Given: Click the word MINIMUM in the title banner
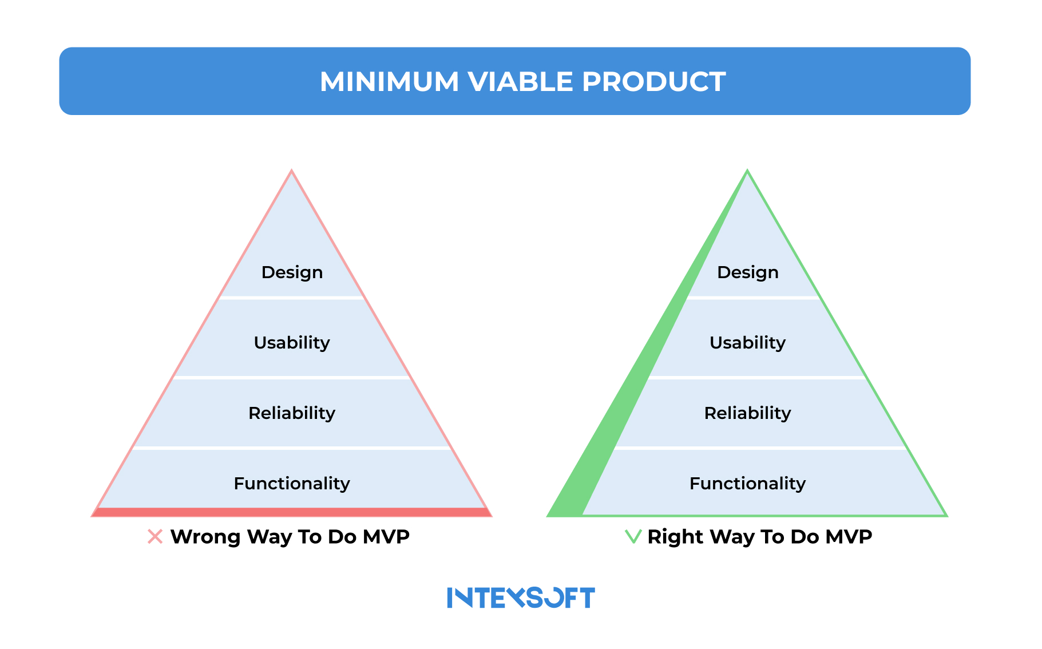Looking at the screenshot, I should pos(389,81).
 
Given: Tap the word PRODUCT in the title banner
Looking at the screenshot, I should pos(653,81).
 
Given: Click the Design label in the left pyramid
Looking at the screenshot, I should pos(292,272).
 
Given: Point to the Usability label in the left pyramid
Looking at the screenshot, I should pos(292,343).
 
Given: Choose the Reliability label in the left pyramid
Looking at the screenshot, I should pos(292,413).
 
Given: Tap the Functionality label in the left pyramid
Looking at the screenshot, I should pos(292,484).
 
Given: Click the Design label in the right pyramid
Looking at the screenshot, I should pos(747,272).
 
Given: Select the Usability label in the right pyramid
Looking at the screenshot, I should pos(747,343).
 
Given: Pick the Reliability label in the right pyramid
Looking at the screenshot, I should pos(747,413).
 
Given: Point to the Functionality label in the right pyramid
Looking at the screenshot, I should pos(747,484).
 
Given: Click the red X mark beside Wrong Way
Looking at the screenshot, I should pos(155,537).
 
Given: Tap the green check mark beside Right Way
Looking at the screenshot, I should pos(633,537).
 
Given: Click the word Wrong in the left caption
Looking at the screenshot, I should pos(205,537).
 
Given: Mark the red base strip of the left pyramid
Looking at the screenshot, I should pos(292,512).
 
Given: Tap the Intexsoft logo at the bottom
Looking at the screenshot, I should pos(521,597).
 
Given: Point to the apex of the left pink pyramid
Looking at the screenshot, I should pos(292,172).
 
